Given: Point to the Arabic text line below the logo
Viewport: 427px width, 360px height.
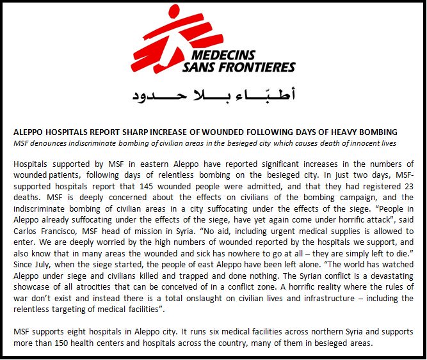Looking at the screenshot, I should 214,96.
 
